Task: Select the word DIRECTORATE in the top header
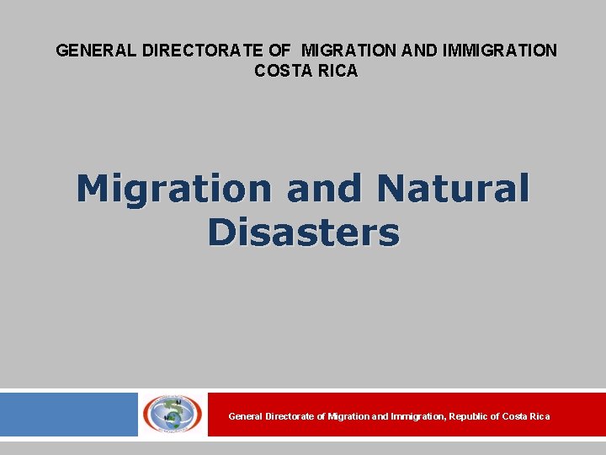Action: pyautogui.click(x=199, y=51)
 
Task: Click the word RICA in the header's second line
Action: pyautogui.click(x=336, y=72)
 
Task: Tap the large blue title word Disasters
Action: pyautogui.click(x=303, y=233)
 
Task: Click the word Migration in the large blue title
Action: pyautogui.click(x=174, y=189)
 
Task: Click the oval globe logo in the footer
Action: pyautogui.click(x=172, y=414)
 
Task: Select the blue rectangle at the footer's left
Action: pyautogui.click(x=68, y=414)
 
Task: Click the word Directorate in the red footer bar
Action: pyautogui.click(x=291, y=416)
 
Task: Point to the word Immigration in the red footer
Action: pyautogui.click(x=418, y=416)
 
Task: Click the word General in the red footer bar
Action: pyautogui.click(x=245, y=416)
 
